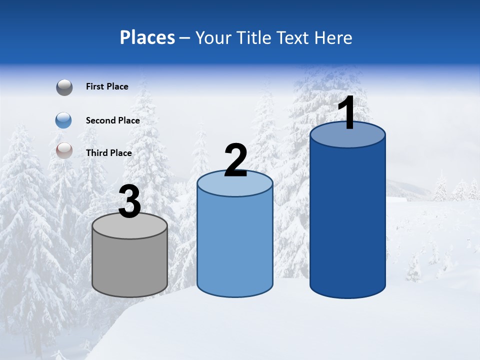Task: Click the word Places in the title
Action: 147,37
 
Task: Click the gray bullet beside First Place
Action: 64,87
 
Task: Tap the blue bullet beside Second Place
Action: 63,120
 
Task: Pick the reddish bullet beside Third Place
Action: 64,150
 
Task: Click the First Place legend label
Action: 107,86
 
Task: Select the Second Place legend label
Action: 112,120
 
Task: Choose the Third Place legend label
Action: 108,153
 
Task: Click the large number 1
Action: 347,113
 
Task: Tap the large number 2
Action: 236,160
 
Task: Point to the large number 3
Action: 129,202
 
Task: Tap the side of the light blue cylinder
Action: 235,245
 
